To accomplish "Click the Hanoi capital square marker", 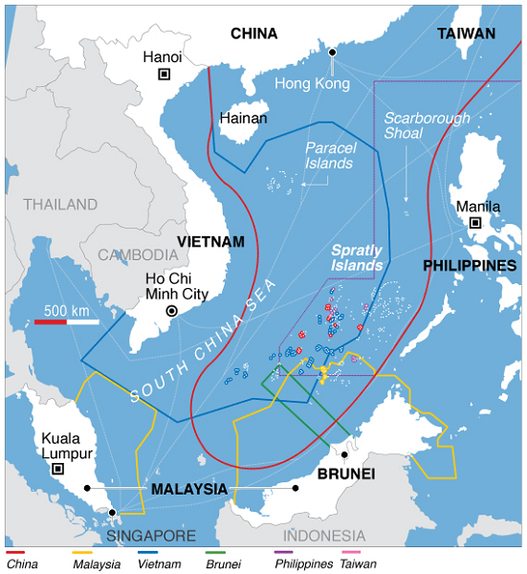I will [x=164, y=74].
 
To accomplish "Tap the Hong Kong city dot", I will [x=333, y=52].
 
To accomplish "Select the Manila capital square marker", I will [x=474, y=223].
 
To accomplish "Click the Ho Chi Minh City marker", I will [x=171, y=311].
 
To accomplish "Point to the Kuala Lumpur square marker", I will [x=57, y=469].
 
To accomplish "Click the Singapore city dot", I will [x=113, y=513].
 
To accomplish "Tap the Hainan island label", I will [x=243, y=119].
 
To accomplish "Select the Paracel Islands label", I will [x=330, y=156].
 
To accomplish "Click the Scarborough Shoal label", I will [x=427, y=125].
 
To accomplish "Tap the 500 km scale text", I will [x=67, y=310].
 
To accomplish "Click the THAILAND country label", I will [x=60, y=204].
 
